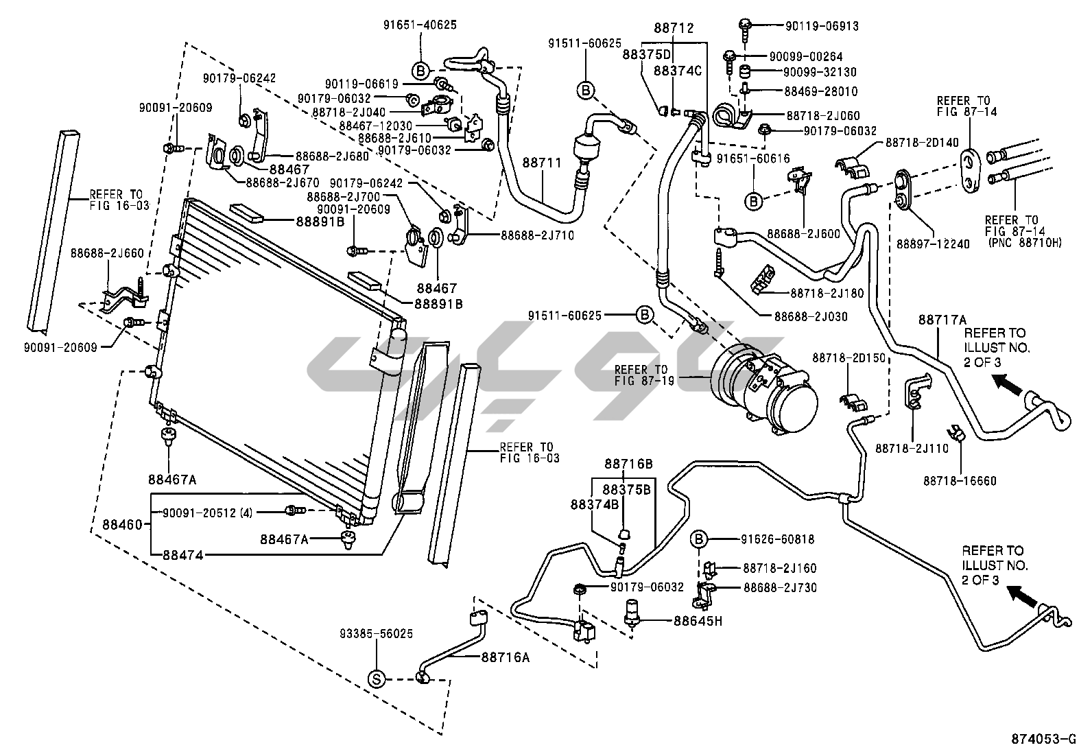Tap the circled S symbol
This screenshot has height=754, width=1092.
click(376, 679)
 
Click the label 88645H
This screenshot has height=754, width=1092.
click(698, 621)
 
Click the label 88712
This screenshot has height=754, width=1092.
click(674, 29)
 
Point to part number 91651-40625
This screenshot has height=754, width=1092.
click(420, 25)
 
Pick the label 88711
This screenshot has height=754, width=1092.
click(542, 163)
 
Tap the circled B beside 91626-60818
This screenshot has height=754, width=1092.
click(698, 540)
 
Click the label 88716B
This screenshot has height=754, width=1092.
click(628, 464)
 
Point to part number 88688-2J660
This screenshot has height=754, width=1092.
click(107, 253)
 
